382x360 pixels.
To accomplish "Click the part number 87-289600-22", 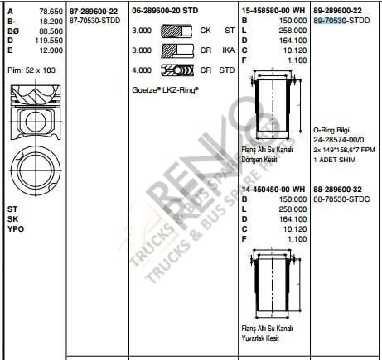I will click(93, 9).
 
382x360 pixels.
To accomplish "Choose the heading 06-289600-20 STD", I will click(167, 9).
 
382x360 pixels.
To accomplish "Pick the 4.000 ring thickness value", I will click(142, 71).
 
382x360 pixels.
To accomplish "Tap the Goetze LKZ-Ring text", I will click(165, 87).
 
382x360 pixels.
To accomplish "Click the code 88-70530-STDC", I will click(341, 199).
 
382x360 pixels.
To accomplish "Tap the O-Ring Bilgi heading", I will click(332, 131).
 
